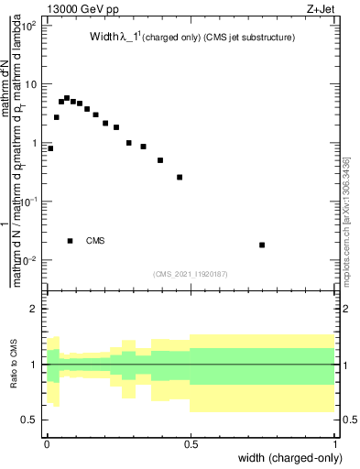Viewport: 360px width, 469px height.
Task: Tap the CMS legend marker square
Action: pyautogui.click(x=70, y=241)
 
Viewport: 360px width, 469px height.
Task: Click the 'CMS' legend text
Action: pyautogui.click(x=95, y=241)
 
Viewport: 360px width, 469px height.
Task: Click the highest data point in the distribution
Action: pyautogui.click(x=67, y=98)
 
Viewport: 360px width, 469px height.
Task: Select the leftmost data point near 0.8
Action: pyautogui.click(x=50, y=148)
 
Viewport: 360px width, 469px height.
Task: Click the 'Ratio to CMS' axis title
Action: pyautogui.click(x=15, y=365)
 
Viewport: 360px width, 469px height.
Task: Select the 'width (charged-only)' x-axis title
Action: pyautogui.click(x=286, y=458)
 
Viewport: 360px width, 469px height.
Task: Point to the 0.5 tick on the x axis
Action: pyautogui.click(x=191, y=442)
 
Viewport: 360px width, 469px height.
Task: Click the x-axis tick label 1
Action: pyautogui.click(x=336, y=442)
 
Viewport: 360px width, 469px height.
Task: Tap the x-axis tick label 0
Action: pyautogui.click(x=47, y=442)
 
